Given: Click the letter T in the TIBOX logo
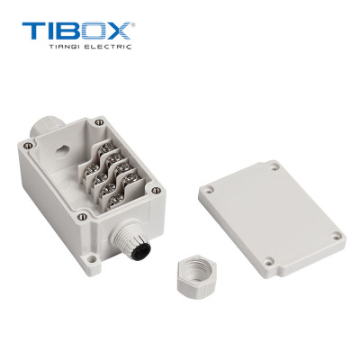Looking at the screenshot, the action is tap(34, 31).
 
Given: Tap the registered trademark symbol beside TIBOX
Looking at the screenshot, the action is tap(133, 24).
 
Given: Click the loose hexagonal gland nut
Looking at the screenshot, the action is tap(197, 276).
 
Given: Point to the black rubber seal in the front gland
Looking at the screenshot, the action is tap(141, 252).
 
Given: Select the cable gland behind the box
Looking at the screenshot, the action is tap(45, 127).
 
